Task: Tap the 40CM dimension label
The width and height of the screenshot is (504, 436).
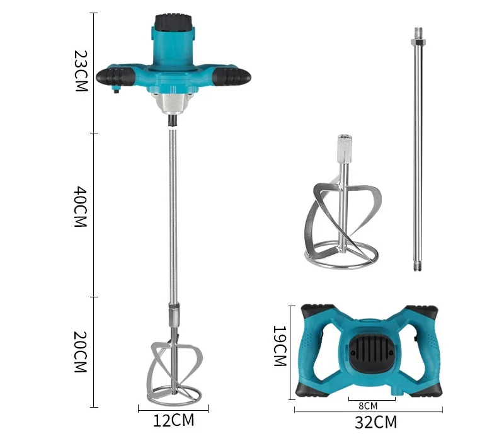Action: [x=79, y=207]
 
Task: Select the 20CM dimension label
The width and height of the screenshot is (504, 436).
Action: [x=79, y=352]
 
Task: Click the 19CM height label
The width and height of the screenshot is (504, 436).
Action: [x=279, y=346]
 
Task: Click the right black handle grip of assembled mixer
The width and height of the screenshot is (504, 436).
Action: [x=230, y=77]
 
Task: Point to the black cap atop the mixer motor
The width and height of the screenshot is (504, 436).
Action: [x=172, y=23]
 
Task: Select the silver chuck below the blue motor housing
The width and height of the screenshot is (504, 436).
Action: [x=172, y=101]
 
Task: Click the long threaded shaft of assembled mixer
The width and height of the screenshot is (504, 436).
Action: [x=172, y=208]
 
